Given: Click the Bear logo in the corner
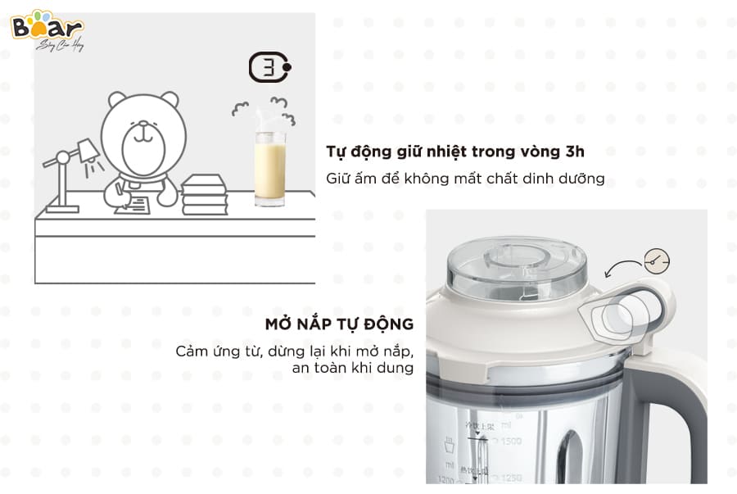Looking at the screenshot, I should pos(47,29).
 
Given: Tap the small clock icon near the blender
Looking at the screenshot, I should pos(656,261).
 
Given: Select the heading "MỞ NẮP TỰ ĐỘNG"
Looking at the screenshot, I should pos(339,324).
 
